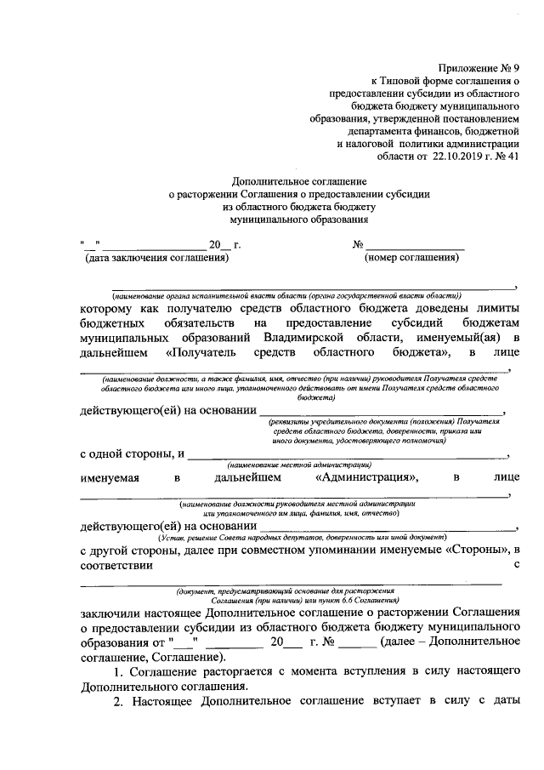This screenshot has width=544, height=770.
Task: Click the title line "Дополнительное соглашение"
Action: (x=299, y=181)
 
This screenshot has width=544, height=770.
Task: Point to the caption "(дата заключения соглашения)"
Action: (x=156, y=257)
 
